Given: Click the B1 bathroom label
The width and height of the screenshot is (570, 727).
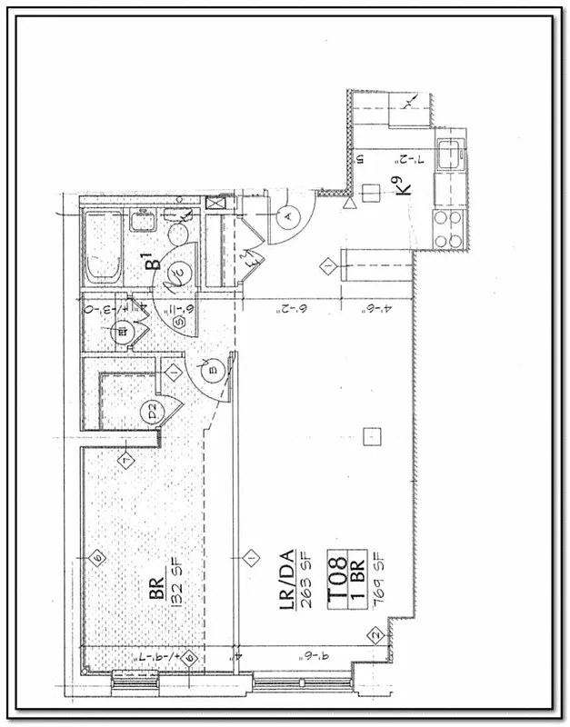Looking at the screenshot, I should coord(155,262).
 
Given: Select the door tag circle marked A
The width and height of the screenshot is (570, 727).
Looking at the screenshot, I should coord(288,217).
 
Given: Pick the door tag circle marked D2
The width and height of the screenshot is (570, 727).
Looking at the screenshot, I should coord(151,413).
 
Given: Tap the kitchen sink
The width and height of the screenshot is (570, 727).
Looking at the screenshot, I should coord(448,156).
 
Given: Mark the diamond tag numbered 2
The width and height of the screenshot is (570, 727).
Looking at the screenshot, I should coord(373,635).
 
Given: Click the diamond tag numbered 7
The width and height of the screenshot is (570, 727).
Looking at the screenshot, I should coord(125,461).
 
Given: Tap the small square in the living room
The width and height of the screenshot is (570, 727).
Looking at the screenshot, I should coord(370,440).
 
